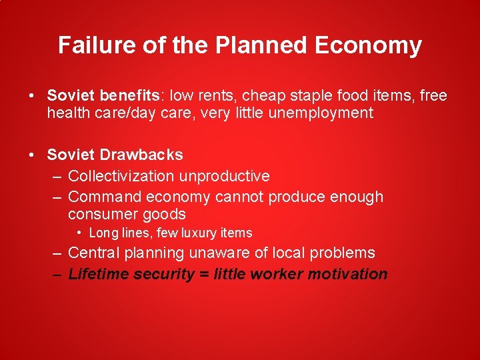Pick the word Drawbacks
142,155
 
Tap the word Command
105,197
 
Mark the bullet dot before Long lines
79,233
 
